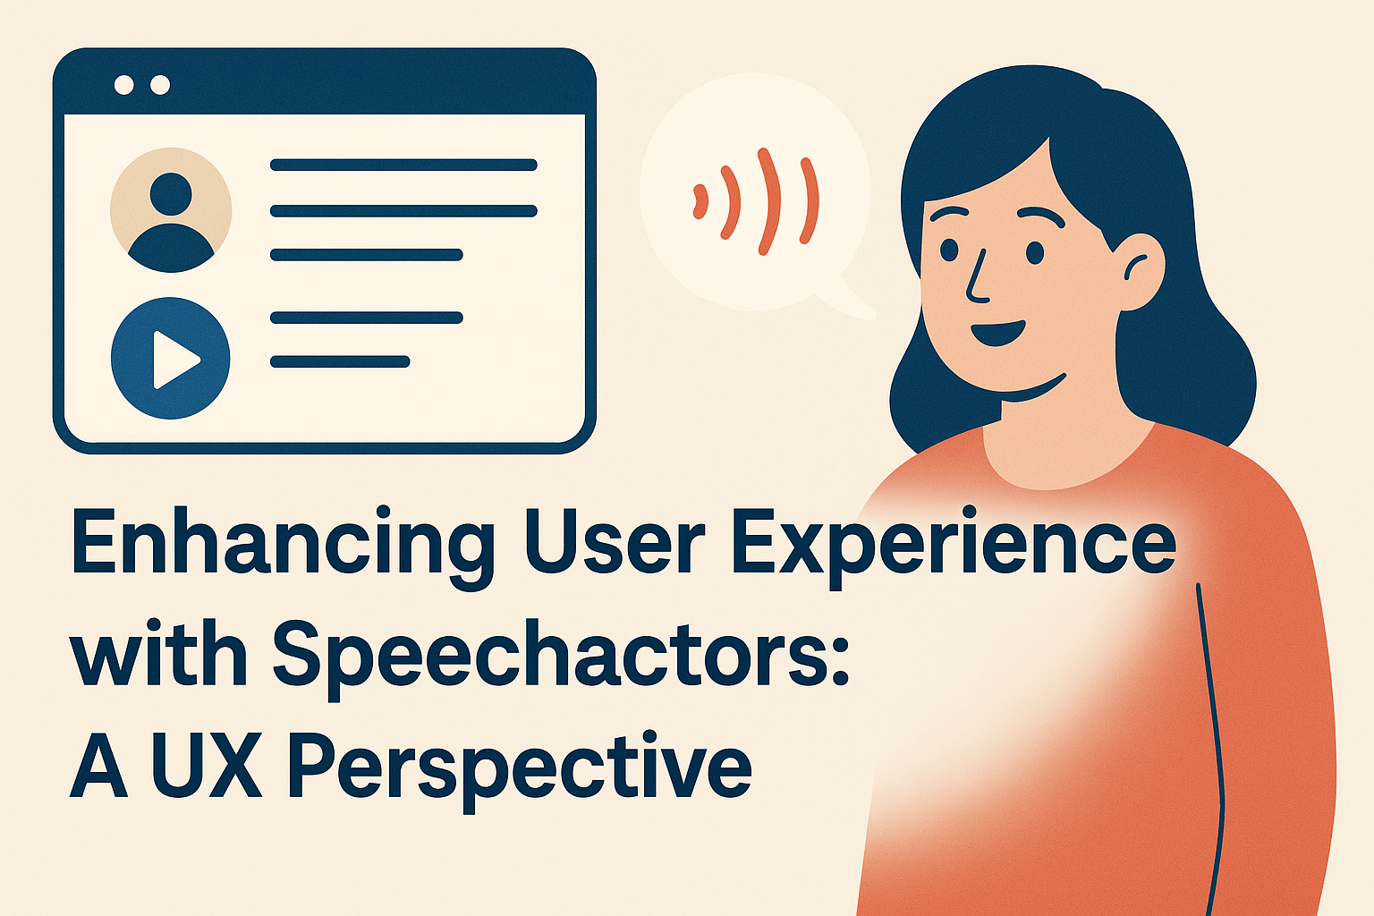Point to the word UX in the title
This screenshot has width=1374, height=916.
point(207,764)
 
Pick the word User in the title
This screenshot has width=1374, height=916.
point(614,546)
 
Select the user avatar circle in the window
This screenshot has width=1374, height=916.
point(171,210)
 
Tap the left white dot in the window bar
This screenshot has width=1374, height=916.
point(124,85)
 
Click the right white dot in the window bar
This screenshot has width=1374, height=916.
point(160,85)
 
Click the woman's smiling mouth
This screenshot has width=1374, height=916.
point(997,333)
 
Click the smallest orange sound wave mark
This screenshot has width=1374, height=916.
point(700,201)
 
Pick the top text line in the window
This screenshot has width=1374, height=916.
point(403,165)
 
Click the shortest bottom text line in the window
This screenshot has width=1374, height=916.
point(340,361)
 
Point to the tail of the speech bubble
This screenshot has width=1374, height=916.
point(856,301)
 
